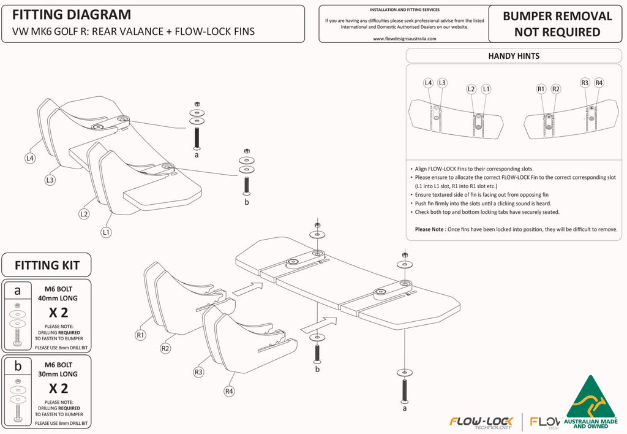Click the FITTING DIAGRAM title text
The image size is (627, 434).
pos(72,15)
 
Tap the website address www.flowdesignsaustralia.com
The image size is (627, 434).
pos(404,38)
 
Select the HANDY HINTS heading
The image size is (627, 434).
pos(513,56)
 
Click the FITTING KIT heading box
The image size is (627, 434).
pos(47,265)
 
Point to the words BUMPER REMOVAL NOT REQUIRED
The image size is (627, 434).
pos(557,24)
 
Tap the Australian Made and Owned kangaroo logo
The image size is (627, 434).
pos(590,405)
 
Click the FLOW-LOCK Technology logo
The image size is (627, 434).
pos(481,422)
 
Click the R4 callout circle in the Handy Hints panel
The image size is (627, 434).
pos(599,83)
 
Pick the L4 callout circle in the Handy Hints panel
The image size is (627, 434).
pos(429,83)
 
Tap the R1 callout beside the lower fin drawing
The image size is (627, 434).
pos(141,335)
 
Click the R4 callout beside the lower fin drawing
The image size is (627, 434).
pos(229,391)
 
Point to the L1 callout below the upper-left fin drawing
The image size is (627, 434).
pos(106,232)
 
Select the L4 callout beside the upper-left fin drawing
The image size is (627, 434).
pos(30,158)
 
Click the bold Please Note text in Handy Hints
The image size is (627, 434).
pos(430,229)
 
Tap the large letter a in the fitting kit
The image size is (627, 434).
pos(17,291)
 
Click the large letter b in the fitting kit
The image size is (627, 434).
pos(17,366)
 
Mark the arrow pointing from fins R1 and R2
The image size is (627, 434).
pos(247,286)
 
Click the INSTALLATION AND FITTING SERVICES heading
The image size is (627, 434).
pos(404,10)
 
